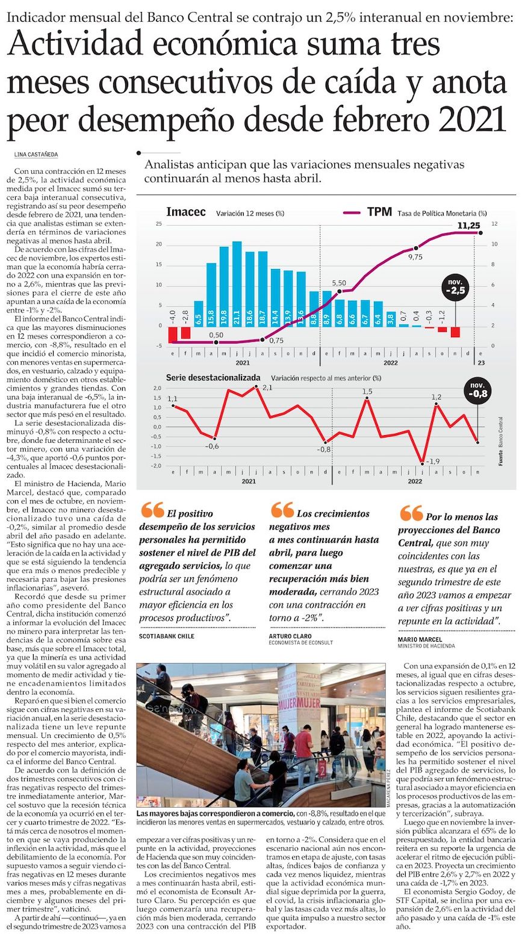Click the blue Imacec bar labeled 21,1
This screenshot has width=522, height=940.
point(237,283)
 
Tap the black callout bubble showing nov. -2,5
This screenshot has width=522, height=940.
point(455,288)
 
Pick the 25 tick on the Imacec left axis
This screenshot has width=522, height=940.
point(159,224)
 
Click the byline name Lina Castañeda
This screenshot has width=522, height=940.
point(36,154)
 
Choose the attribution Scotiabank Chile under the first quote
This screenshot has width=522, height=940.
point(167,635)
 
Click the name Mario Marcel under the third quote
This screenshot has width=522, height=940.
point(420,639)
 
